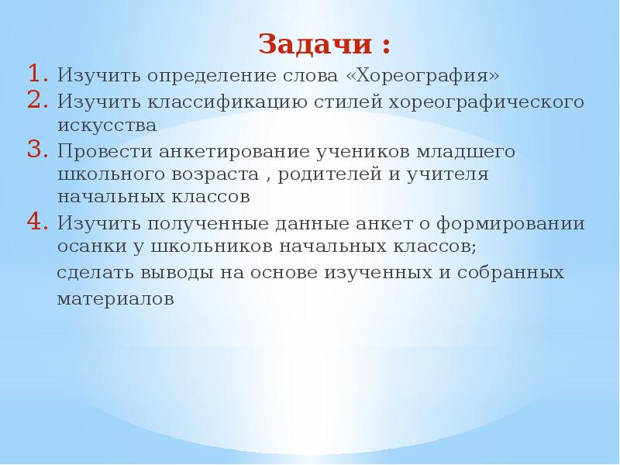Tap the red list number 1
click(x=38, y=75)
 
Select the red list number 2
click(x=38, y=101)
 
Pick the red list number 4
click(x=38, y=222)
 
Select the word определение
click(x=195, y=77)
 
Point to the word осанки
click(x=86, y=247)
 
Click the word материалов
click(x=115, y=298)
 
